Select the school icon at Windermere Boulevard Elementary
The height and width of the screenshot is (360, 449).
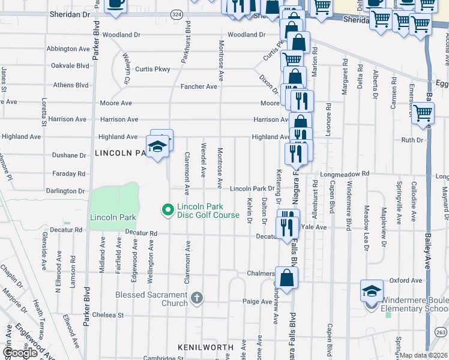[x=372, y=292]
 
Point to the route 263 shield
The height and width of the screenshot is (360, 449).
[x=441, y=332]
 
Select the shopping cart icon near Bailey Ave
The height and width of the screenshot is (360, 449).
[x=423, y=112]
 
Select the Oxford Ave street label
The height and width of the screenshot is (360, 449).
[x=406, y=280]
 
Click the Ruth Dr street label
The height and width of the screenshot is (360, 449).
[x=412, y=140]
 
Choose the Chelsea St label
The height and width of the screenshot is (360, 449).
[x=107, y=314]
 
